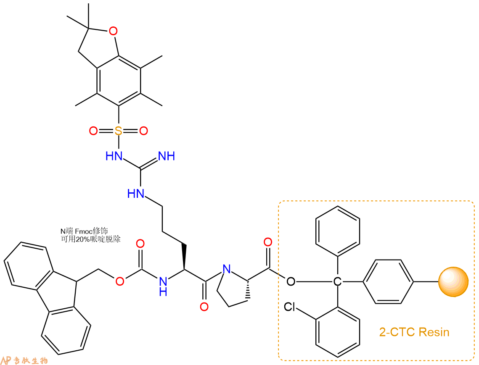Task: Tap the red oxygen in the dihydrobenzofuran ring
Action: tap(113, 31)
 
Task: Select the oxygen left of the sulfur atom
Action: tap(93, 131)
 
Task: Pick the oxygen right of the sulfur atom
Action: tap(143, 131)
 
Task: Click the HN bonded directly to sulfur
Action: tap(114, 156)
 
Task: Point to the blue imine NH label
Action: tap(167, 156)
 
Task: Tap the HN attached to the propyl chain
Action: tap(136, 194)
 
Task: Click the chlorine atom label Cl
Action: tap(290, 307)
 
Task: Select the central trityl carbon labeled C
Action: tap(337, 281)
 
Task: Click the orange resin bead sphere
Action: tap(453, 282)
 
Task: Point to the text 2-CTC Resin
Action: tap(414, 332)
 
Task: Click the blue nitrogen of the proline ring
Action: tap(227, 269)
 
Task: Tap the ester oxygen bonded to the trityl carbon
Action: tap(291, 281)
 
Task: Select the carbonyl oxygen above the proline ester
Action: tap(268, 242)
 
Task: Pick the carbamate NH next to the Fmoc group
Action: tap(163, 286)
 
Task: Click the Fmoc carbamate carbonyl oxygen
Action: tap(140, 244)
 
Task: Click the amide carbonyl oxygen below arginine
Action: tap(204, 307)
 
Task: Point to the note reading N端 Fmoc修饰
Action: tap(84, 231)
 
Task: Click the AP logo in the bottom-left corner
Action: tap(7, 360)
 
